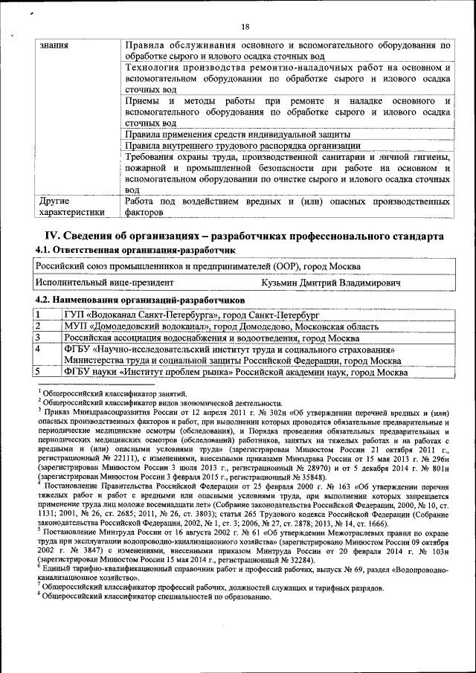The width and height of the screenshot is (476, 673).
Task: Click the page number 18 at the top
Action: pos(245,28)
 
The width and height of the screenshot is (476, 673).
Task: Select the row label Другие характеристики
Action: pos(68,206)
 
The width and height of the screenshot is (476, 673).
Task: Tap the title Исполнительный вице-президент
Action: pos(105,283)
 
